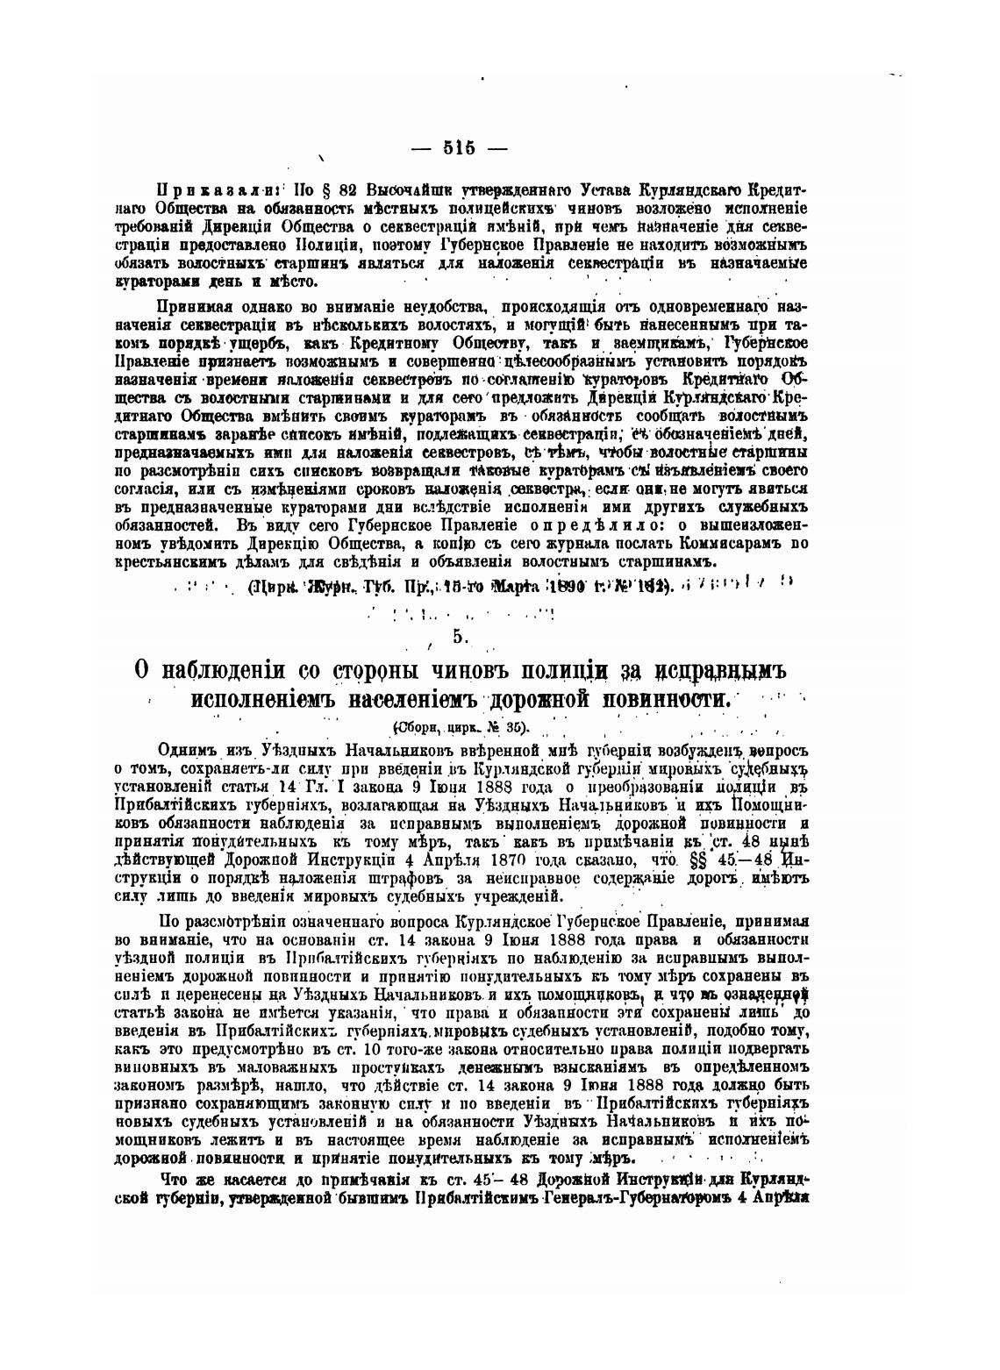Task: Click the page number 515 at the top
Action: coord(459,148)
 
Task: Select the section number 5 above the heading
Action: coord(459,637)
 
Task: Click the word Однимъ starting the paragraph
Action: coord(186,751)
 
